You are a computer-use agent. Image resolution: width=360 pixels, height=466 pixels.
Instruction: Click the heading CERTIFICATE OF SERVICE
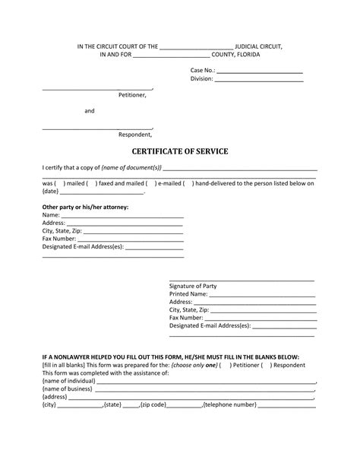click(x=180, y=151)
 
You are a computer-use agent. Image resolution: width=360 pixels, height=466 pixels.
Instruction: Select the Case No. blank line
click(x=260, y=71)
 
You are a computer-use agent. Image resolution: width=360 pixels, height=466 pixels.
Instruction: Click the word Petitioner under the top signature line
click(x=131, y=96)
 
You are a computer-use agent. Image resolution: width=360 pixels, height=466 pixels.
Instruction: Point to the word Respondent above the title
click(x=134, y=135)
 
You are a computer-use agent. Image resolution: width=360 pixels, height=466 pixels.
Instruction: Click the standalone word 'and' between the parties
click(x=89, y=111)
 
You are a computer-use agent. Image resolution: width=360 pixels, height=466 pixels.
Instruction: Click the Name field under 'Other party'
click(x=122, y=215)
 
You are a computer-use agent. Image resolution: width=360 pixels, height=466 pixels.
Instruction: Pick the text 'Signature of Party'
click(x=193, y=286)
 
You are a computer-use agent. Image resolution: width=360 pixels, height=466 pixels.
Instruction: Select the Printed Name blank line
click(x=262, y=294)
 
